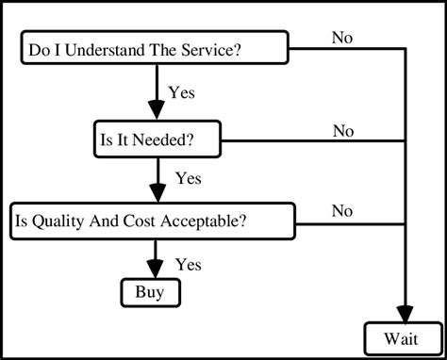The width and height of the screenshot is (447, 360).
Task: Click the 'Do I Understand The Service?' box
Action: coord(154,48)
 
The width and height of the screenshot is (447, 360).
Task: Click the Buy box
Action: coord(149,292)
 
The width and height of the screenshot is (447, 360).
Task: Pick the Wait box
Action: coord(402,337)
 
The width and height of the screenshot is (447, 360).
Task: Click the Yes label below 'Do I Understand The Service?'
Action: coord(182,92)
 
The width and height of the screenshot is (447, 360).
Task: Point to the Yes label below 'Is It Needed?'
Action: coord(189,177)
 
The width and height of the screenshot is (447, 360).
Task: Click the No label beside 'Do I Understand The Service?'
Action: coord(343,38)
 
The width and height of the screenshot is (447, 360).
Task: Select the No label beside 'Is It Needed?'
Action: coord(343,131)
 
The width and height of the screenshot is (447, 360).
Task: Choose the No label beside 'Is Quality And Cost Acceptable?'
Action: coord(343,211)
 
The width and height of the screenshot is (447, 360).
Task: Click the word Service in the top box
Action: coord(201,49)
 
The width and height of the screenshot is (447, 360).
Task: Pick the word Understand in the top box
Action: coord(102,49)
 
